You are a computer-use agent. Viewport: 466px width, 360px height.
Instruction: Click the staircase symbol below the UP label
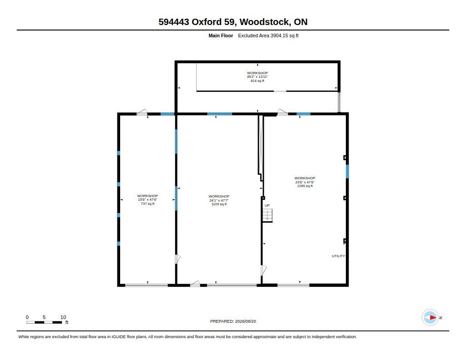coord(268,215)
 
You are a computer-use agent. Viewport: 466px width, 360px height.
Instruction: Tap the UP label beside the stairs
coord(267,205)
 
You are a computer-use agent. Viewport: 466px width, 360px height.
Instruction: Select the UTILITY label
coord(338,256)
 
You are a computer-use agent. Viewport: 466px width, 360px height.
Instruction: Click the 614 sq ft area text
coord(258,81)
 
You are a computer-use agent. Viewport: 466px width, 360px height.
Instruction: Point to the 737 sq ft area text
coord(148,203)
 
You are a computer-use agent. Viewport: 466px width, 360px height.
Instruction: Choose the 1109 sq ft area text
coord(219,204)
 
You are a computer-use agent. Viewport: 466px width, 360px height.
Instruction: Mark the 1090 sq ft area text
coord(305,186)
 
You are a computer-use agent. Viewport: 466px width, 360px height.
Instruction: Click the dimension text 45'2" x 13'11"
coord(258,77)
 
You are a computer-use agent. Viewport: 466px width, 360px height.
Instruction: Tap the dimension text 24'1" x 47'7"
coord(219,200)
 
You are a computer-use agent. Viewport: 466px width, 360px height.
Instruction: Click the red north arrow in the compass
coord(433,318)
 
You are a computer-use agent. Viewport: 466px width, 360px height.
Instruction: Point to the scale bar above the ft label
coord(44,322)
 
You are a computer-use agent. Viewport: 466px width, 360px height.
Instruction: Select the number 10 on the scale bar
coord(63,317)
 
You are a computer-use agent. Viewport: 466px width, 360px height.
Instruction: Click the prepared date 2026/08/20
coord(245,321)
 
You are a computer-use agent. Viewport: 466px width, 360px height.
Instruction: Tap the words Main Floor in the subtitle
coord(221,35)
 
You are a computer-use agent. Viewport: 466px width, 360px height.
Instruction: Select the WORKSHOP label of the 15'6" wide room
coord(148,196)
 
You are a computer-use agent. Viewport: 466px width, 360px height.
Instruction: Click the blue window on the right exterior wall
coord(347,172)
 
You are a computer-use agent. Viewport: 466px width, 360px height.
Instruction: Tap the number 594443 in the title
coord(174,22)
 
